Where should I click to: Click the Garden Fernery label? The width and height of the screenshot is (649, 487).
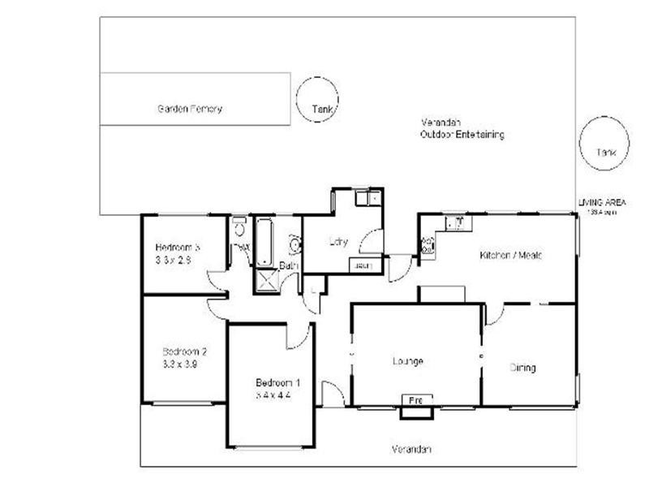pyautogui.click(x=189, y=109)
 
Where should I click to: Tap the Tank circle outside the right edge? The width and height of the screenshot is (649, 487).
pyautogui.click(x=604, y=144)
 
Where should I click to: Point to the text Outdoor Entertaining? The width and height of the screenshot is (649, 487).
pyautogui.click(x=462, y=135)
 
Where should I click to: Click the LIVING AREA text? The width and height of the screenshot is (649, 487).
pyautogui.click(x=602, y=202)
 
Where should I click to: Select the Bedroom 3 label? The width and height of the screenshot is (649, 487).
pyautogui.click(x=178, y=248)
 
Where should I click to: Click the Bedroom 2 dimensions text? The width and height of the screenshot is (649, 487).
pyautogui.click(x=180, y=364)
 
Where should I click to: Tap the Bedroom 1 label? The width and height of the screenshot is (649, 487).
pyautogui.click(x=277, y=383)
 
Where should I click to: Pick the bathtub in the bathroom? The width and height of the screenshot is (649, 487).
pyautogui.click(x=264, y=241)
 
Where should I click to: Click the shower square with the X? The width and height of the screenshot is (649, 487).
pyautogui.click(x=264, y=281)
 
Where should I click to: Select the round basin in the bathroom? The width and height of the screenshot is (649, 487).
pyautogui.click(x=294, y=243)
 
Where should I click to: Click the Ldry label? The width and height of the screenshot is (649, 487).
pyautogui.click(x=338, y=241)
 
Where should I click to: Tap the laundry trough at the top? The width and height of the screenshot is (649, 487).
pyautogui.click(x=367, y=197)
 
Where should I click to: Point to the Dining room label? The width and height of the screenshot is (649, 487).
pyautogui.click(x=522, y=368)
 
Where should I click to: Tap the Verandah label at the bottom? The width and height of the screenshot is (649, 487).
pyautogui.click(x=411, y=449)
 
